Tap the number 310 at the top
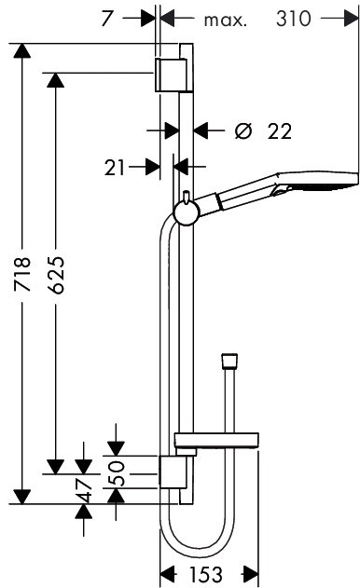[294, 19]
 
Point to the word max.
[226, 21]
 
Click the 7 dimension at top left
[107, 19]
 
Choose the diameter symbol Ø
[243, 130]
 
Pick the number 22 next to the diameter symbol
[279, 131]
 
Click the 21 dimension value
[115, 168]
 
